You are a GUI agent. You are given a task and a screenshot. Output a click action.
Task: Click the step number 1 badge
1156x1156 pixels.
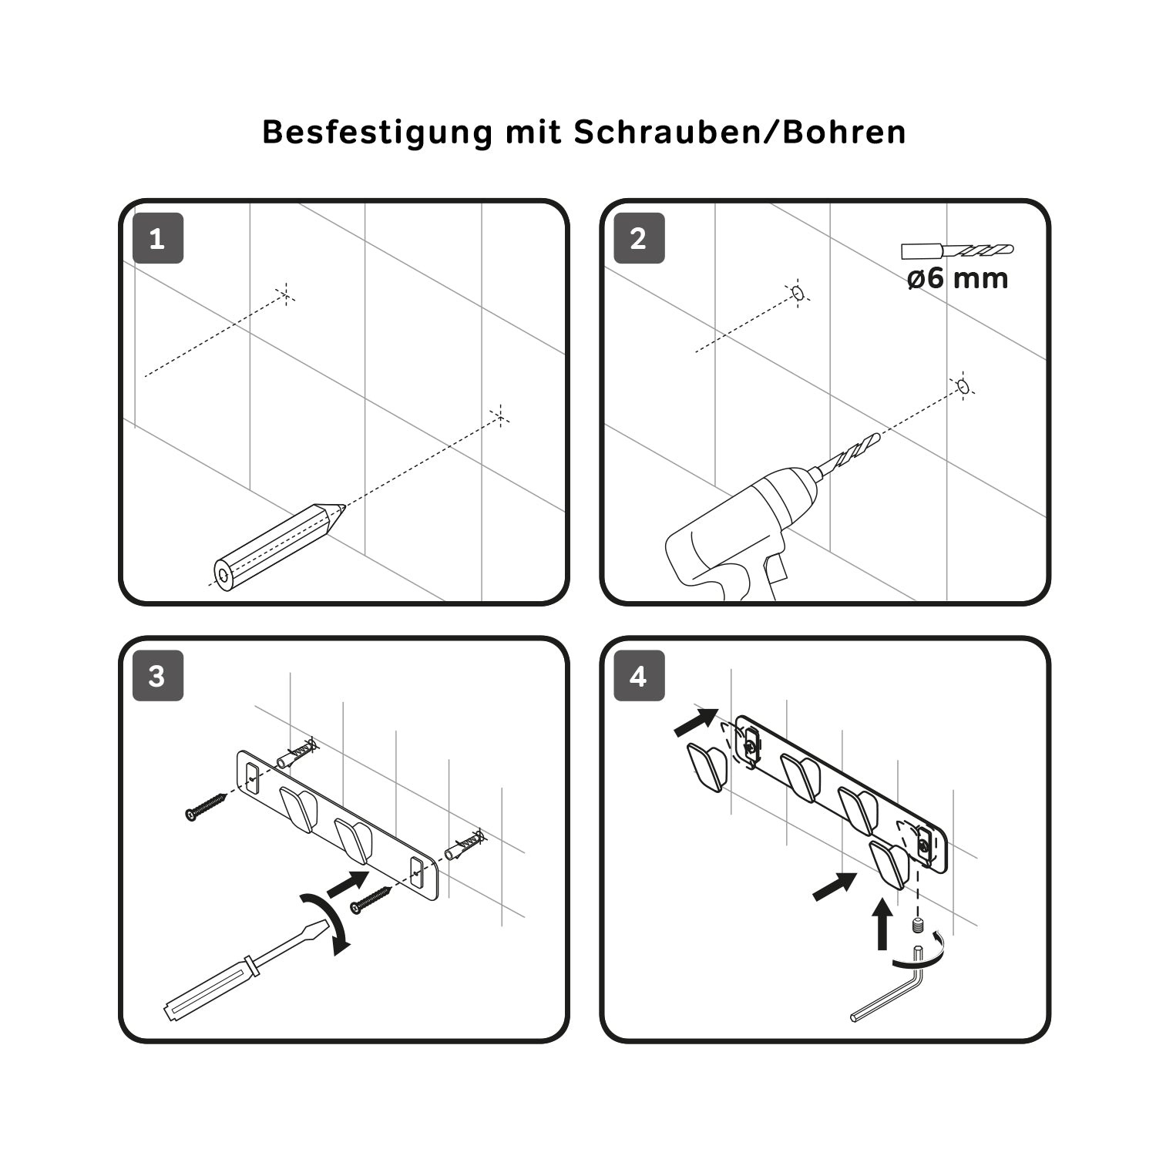(158, 238)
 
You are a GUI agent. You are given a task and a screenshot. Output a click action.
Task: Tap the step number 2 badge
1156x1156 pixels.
(639, 238)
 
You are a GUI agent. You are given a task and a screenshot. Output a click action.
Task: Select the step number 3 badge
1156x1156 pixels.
(158, 676)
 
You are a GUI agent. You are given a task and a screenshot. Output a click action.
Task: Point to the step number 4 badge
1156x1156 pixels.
(639, 676)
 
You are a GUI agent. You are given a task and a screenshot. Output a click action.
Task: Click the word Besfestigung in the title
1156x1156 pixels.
(377, 133)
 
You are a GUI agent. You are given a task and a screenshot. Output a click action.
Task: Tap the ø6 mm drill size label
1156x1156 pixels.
(958, 277)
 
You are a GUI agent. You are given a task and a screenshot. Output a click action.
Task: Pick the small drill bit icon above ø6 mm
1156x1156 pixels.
(958, 250)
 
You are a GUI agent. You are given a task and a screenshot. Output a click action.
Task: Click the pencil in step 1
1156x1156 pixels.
(278, 546)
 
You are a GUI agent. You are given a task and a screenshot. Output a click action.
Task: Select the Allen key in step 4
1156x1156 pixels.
(886, 990)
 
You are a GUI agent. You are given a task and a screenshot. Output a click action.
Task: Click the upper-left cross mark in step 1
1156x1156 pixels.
(285, 294)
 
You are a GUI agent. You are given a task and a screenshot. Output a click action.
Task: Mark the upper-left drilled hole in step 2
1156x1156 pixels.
(798, 293)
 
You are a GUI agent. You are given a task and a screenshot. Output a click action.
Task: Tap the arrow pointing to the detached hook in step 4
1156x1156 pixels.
(696, 722)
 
